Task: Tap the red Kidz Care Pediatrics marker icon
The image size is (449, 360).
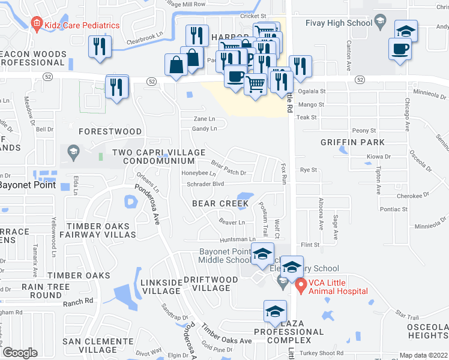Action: [x=36, y=25]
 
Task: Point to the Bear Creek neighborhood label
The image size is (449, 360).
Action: [x=220, y=204]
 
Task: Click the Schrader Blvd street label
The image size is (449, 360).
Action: [x=205, y=184]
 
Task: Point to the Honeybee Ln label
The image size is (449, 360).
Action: [x=199, y=173]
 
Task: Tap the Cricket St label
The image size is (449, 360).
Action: [x=253, y=16]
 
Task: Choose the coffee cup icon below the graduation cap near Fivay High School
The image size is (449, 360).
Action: [x=400, y=50]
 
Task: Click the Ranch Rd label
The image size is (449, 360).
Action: [x=81, y=301]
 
